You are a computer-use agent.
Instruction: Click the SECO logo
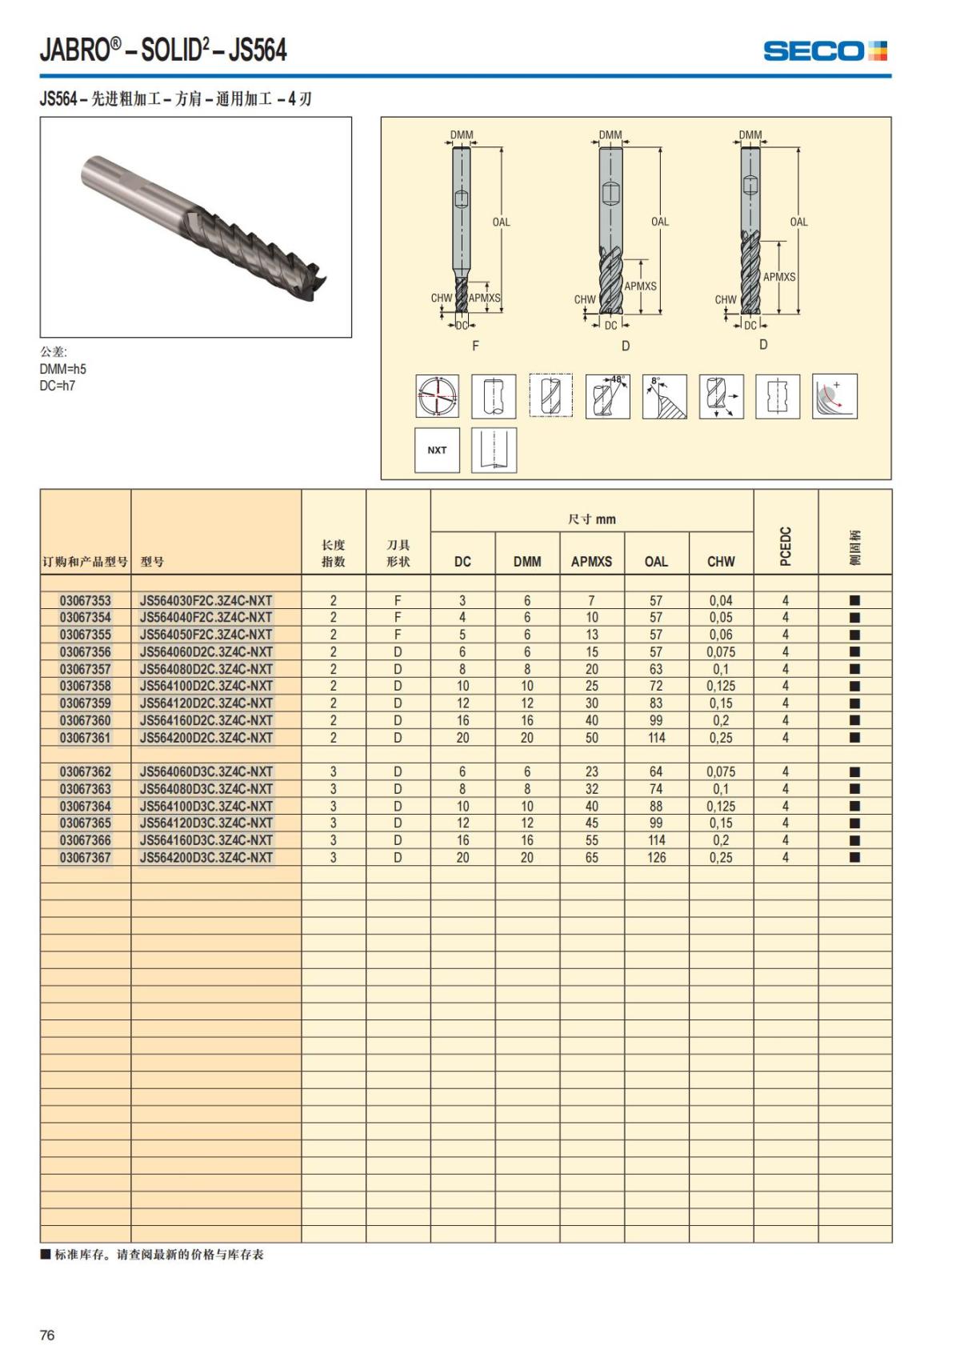825,51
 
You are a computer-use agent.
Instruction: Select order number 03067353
86,600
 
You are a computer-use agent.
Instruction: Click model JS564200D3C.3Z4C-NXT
206,857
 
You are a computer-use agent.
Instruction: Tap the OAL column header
656,562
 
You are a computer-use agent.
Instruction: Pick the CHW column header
721,562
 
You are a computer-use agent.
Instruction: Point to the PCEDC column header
786,546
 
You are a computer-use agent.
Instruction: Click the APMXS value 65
591,857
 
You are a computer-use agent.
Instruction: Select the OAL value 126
656,857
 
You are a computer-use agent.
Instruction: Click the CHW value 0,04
721,600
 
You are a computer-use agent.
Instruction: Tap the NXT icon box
437,450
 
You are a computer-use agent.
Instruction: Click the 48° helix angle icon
607,395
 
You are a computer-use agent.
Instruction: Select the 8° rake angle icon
664,395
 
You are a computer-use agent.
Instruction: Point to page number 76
47,1335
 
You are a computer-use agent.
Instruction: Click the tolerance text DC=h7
58,386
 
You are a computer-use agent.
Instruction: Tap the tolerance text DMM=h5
62,369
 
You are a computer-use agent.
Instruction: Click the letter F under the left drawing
476,346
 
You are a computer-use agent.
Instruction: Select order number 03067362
86,771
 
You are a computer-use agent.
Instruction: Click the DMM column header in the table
527,562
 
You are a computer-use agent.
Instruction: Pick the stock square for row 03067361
854,737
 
